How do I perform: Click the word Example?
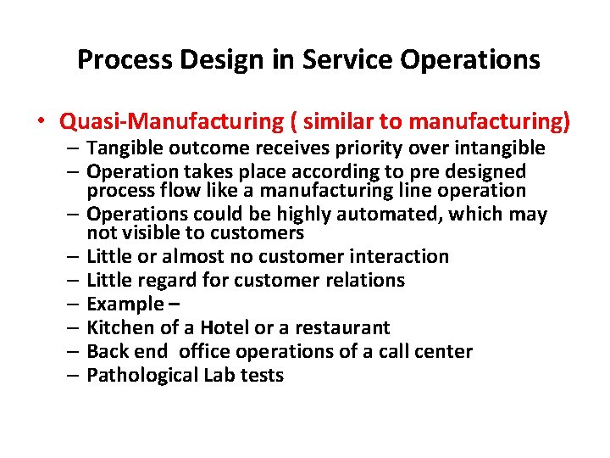125,304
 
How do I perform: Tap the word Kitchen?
121,327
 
